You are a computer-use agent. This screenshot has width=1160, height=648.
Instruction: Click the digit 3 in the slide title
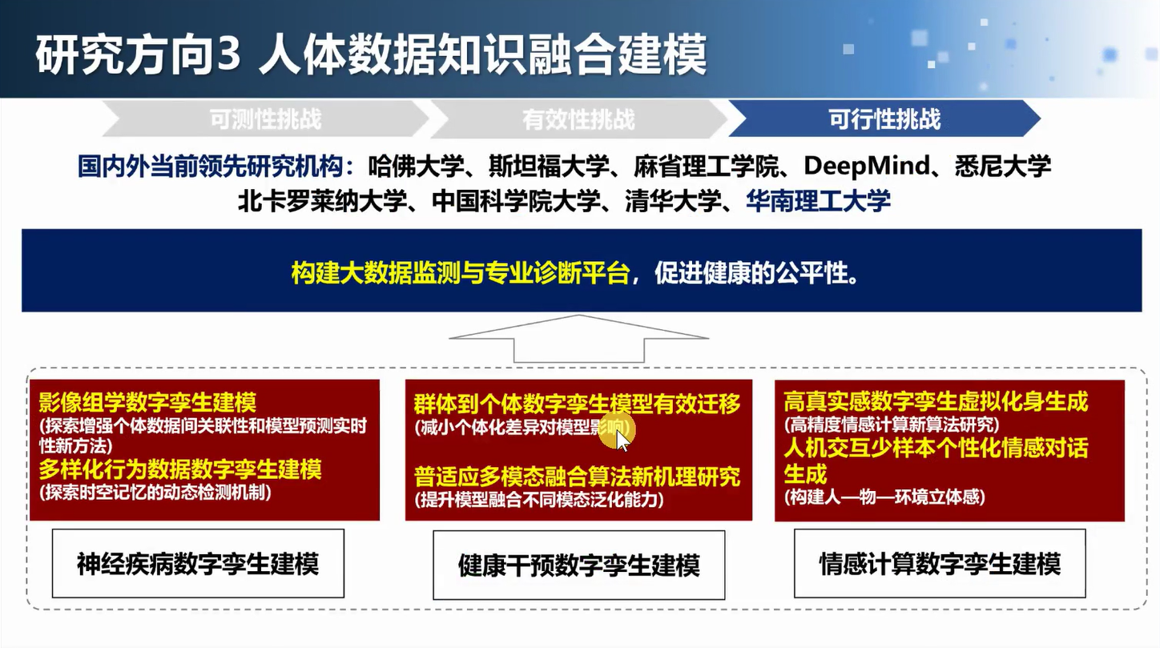[x=228, y=54]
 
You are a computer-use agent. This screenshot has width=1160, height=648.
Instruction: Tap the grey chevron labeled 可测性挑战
[x=265, y=119]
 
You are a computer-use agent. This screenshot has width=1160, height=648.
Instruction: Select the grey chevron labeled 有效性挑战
[x=578, y=119]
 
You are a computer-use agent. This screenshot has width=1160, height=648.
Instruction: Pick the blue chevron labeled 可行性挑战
[x=884, y=119]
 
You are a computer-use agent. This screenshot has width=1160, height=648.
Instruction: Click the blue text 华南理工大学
[x=818, y=201]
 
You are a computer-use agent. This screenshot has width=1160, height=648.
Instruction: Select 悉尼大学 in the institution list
[x=1002, y=167]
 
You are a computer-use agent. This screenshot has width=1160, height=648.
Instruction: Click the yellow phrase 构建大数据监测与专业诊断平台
[x=461, y=272]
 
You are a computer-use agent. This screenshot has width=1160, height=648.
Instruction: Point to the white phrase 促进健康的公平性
[x=751, y=272]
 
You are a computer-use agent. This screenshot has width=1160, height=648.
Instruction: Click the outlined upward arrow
[x=579, y=338]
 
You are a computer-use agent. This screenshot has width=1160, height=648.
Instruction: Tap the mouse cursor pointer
[x=622, y=441]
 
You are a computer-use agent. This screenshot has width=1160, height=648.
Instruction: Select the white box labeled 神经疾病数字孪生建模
[x=198, y=564]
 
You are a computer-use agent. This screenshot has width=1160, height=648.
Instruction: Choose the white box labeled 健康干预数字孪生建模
[x=579, y=565]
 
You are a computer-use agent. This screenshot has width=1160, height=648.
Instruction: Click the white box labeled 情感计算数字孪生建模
[x=940, y=564]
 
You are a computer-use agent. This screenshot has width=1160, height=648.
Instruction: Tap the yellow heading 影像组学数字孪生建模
[x=147, y=402]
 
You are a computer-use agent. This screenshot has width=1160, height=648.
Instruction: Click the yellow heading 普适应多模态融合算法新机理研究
[x=577, y=477]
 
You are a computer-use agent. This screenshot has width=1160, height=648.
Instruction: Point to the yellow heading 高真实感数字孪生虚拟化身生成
[x=936, y=401]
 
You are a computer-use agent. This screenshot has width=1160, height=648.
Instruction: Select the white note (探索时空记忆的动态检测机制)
[x=155, y=492]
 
